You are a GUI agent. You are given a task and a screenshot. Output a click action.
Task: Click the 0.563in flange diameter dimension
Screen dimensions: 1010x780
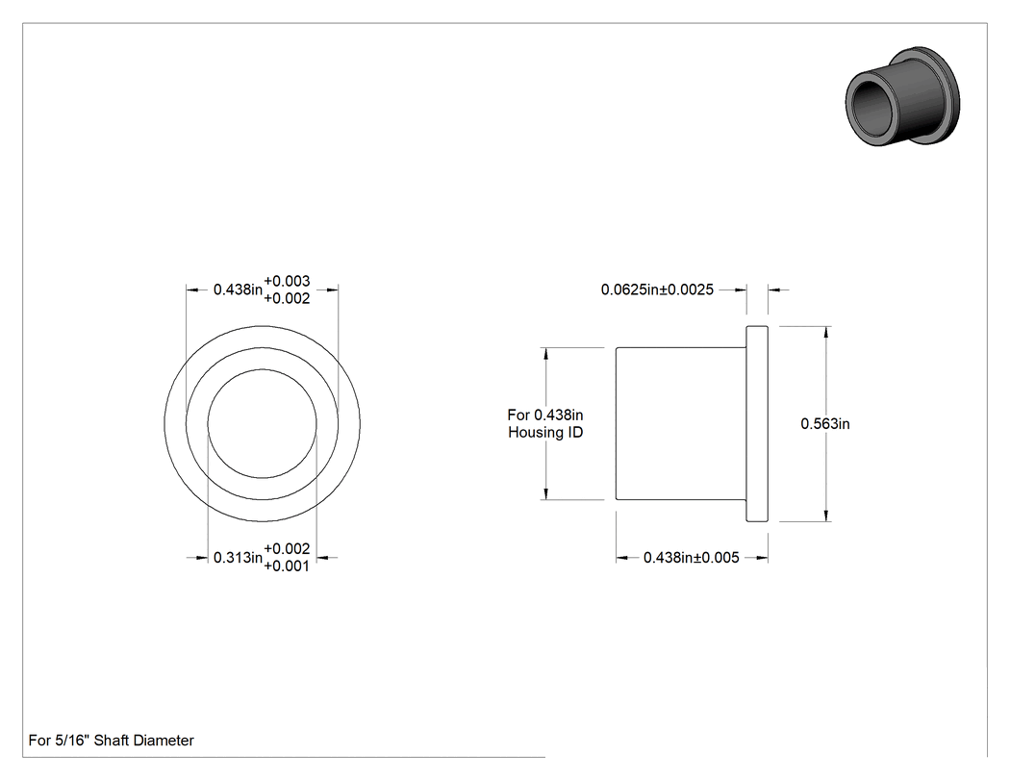(824, 424)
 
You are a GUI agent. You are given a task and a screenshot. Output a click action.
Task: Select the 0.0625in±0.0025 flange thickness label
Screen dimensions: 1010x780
(657, 289)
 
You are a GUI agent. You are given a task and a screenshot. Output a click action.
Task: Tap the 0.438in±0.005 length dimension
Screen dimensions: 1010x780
(692, 558)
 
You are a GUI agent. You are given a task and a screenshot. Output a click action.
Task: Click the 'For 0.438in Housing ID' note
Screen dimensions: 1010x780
(545, 424)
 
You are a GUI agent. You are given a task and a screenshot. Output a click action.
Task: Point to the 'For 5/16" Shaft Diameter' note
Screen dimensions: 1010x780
(111, 741)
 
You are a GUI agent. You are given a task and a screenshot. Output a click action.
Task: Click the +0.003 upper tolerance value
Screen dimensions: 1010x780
(287, 282)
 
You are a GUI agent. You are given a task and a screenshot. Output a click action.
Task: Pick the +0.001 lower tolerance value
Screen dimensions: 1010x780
(287, 566)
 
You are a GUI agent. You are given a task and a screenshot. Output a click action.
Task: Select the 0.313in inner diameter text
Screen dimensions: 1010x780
(238, 558)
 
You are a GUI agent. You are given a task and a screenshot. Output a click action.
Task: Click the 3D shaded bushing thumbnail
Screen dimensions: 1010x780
(902, 96)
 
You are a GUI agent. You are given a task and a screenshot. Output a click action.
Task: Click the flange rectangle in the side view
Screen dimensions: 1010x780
(757, 424)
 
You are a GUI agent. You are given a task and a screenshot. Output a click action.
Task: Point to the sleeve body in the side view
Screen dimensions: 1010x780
(681, 424)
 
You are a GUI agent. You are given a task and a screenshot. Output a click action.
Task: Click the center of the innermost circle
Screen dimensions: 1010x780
(263, 424)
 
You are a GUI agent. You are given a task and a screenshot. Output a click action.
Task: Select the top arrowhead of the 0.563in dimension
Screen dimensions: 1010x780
(826, 333)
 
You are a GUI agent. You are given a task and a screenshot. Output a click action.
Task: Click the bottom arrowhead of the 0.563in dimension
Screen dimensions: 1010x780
(826, 515)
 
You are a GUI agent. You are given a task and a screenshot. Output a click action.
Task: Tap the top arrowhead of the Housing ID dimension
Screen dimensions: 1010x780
(546, 355)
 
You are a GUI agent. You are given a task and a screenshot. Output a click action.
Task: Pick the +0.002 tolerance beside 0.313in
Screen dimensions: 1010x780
(287, 549)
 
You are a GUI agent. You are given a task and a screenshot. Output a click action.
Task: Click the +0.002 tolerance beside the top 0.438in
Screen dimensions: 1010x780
(287, 299)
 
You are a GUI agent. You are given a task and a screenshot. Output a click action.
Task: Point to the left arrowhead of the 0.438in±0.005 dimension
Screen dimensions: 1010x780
(623, 558)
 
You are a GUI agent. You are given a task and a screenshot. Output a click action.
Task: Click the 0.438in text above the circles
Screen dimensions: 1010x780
(238, 289)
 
